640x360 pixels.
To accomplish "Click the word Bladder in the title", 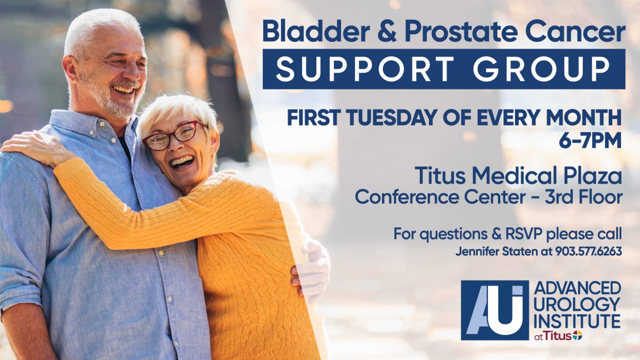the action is click(316, 31).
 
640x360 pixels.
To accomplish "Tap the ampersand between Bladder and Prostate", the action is click(387, 32).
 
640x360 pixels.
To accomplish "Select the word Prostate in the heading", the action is click(461, 32).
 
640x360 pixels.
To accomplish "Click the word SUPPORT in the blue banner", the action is click(365, 69).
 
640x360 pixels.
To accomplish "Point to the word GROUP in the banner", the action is click(541, 69).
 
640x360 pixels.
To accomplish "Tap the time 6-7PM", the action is click(590, 141).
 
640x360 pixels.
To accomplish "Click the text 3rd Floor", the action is click(583, 197).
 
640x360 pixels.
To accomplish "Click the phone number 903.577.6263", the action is click(589, 251).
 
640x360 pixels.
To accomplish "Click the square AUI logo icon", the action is click(495, 310).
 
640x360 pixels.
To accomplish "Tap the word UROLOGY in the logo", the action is click(577, 305).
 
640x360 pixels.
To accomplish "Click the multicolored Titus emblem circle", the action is click(577, 336).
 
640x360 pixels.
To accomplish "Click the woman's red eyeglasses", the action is click(173, 136).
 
